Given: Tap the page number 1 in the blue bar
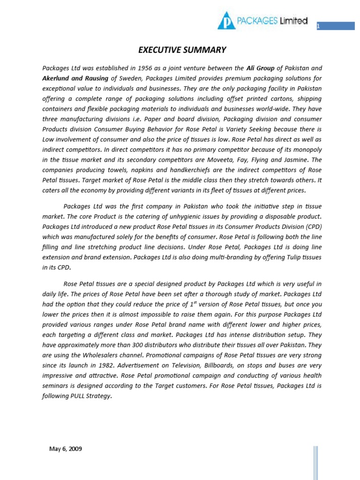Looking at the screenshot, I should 318,27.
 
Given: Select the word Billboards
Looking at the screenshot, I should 227,365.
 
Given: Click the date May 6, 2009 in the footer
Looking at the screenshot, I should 66,449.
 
